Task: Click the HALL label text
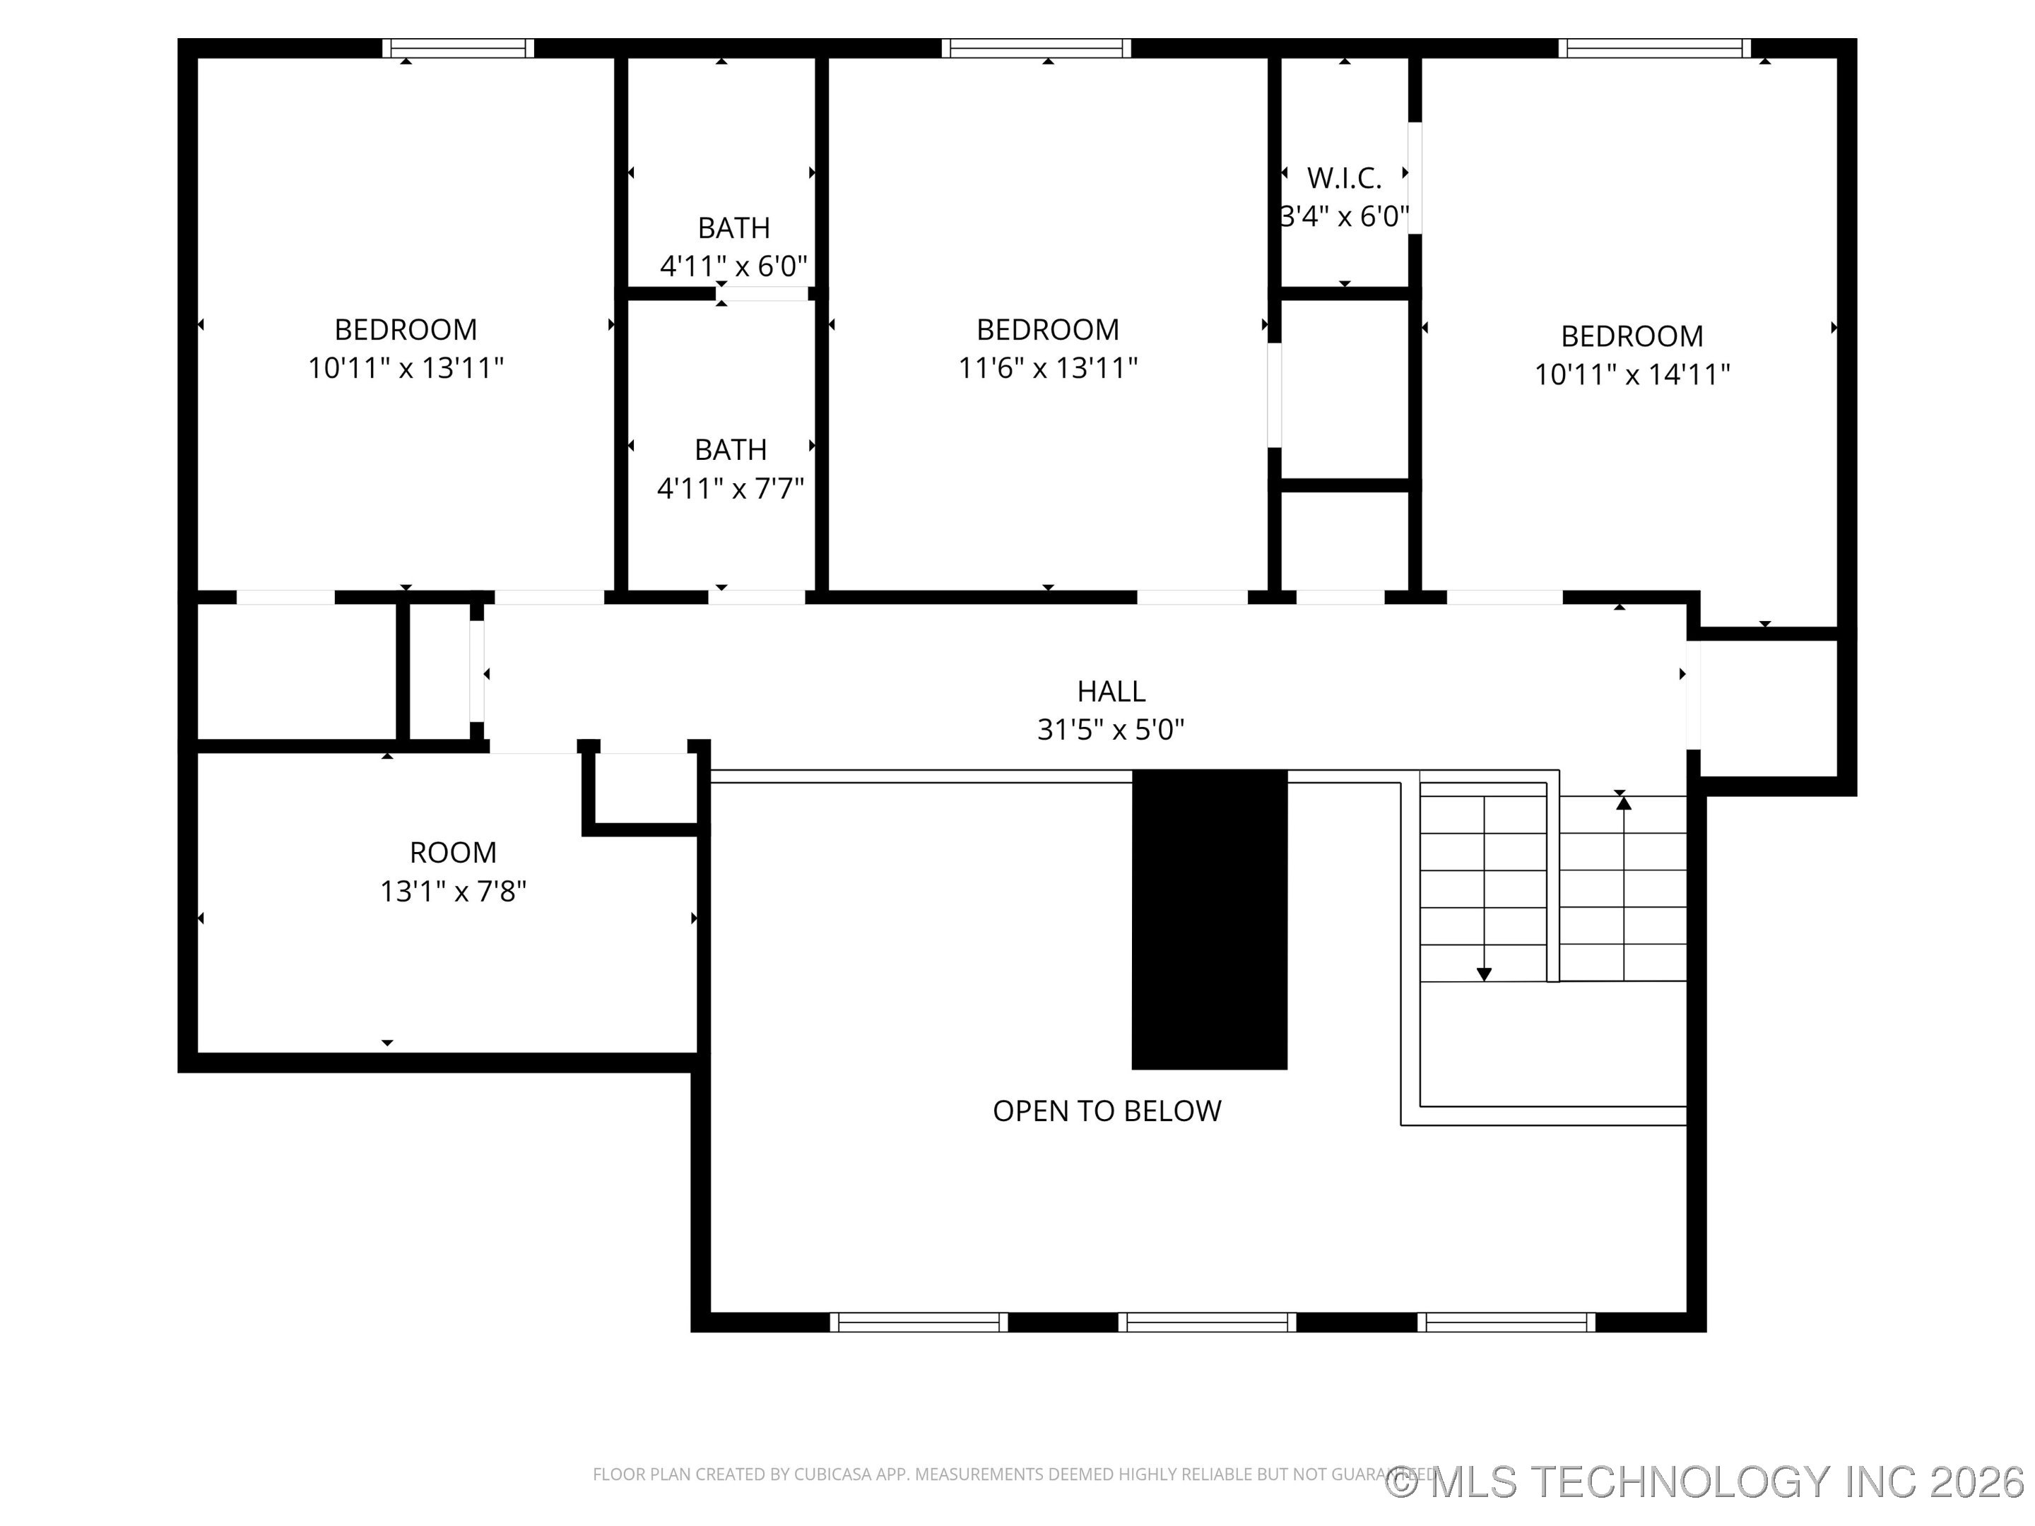click(x=1111, y=691)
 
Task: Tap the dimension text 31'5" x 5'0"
click(x=1111, y=729)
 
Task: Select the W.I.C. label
click(x=1344, y=177)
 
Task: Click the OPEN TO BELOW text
click(x=1107, y=1111)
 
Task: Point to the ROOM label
click(x=453, y=853)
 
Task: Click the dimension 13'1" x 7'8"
click(x=453, y=892)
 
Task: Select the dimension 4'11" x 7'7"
click(x=731, y=488)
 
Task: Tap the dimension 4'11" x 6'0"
click(x=733, y=267)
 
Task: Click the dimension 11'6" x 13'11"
click(x=1048, y=368)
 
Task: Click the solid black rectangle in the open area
click(x=1209, y=920)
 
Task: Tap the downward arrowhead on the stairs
click(x=1484, y=974)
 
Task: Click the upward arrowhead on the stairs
click(x=1624, y=803)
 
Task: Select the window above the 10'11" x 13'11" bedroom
click(x=458, y=48)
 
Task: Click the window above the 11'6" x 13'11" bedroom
click(x=1036, y=48)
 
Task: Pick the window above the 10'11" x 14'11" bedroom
click(x=1654, y=48)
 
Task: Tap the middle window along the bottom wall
click(x=1207, y=1322)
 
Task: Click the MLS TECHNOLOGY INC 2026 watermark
click(x=1706, y=1481)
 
